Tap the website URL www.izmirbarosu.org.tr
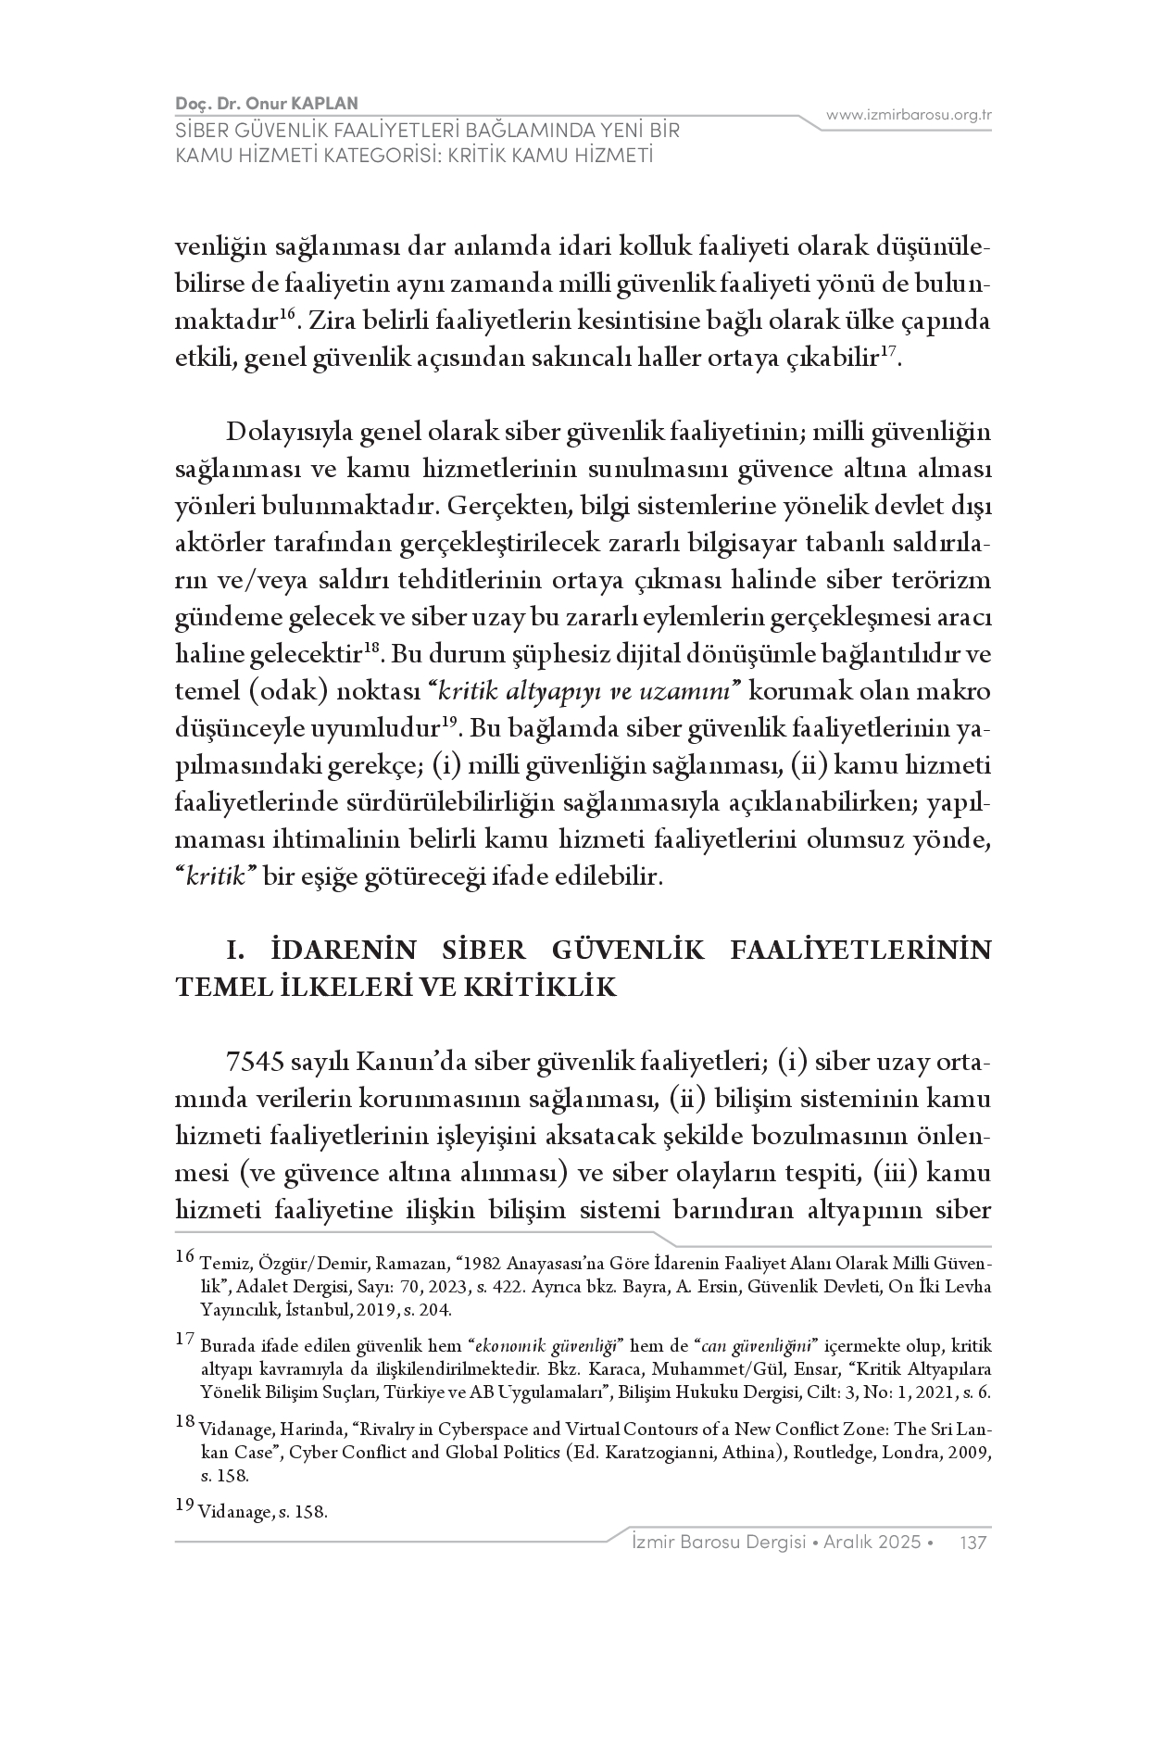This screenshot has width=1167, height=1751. click(x=909, y=115)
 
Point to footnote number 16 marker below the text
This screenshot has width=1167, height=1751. click(x=184, y=1257)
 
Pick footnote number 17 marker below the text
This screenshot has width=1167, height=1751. click(x=184, y=1339)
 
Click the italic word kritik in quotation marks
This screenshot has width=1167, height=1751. click(x=215, y=876)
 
